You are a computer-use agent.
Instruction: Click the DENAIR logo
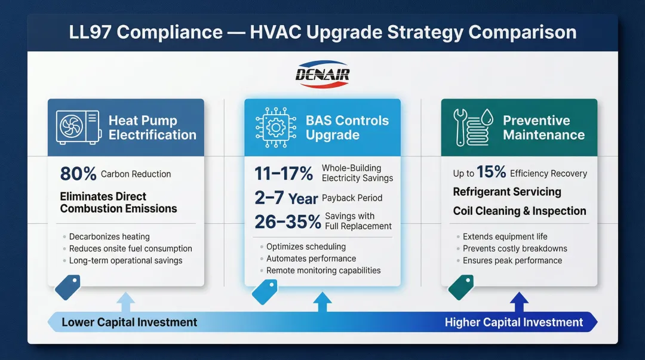point(322,75)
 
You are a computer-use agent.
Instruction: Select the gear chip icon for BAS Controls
point(276,127)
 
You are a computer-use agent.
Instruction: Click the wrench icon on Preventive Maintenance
point(463,127)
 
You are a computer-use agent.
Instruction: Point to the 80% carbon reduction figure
point(78,174)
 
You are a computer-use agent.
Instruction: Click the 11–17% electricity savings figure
point(284,173)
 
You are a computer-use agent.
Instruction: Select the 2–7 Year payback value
point(286,198)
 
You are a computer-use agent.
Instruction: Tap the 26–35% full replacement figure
point(288,221)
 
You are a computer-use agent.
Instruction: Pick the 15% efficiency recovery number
point(491,173)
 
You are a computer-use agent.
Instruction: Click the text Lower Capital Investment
point(129,322)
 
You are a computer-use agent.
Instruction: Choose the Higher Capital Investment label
point(514,322)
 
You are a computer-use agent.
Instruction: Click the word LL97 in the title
point(90,32)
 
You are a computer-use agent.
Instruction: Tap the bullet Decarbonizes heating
point(109,236)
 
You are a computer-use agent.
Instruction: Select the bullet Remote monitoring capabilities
point(323,270)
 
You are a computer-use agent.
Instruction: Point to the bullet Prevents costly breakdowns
point(515,248)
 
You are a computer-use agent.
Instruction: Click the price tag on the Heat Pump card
point(67,288)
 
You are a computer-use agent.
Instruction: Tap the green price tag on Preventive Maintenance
point(460,288)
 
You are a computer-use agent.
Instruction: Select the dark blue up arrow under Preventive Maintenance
point(518,302)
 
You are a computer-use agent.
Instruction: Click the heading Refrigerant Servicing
point(507,192)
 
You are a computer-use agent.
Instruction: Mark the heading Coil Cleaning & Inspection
point(520,211)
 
